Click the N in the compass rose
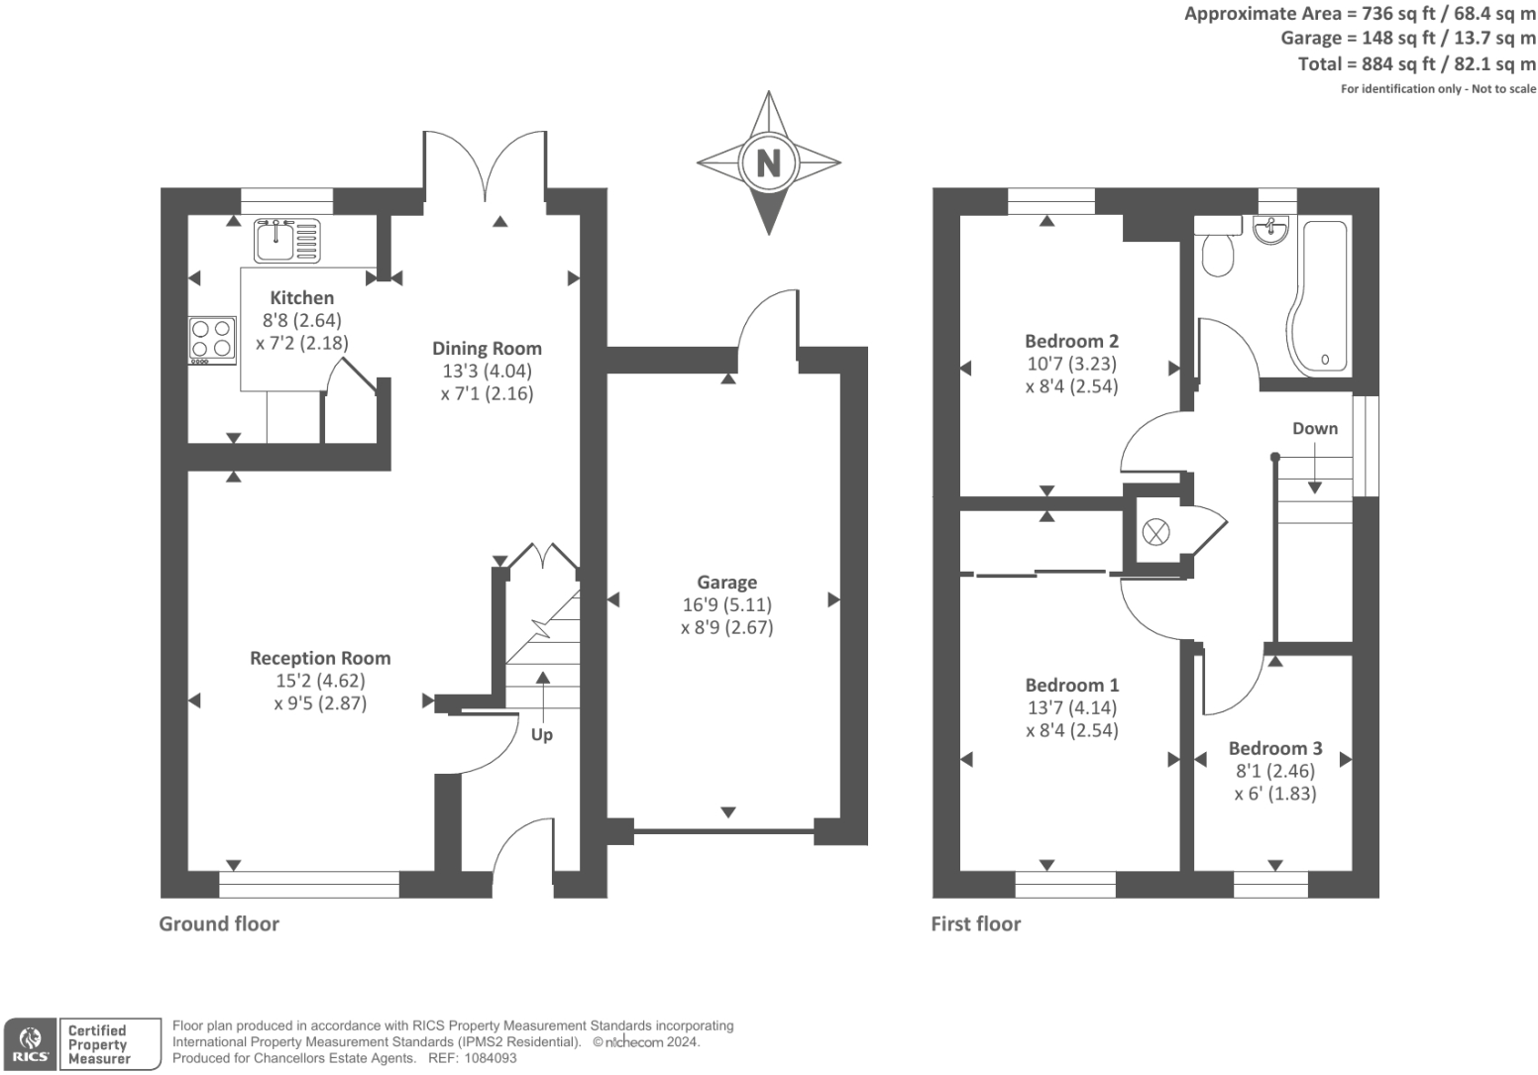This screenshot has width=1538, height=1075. click(768, 161)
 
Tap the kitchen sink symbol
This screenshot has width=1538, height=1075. click(286, 240)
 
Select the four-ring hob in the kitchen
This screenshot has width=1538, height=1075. click(212, 339)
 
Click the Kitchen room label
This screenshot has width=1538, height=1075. click(302, 297)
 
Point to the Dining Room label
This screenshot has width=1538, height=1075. click(487, 348)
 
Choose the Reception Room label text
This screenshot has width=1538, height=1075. click(320, 658)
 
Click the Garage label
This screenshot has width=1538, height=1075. click(726, 583)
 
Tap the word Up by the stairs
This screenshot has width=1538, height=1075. click(542, 734)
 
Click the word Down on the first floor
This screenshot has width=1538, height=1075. click(1315, 428)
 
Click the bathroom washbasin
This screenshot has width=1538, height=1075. click(1270, 230)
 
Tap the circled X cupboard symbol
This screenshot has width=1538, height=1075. click(1155, 532)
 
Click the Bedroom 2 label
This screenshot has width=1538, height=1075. click(1071, 341)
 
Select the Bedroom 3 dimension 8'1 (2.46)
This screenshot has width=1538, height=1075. click(1275, 771)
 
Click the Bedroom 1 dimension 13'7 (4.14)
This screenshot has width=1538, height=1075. click(1071, 707)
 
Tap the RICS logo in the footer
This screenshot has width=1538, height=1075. click(30, 1044)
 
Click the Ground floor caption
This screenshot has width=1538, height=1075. click(219, 923)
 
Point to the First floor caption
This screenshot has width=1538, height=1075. click(975, 923)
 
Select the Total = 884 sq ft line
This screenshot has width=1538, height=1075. click(1416, 63)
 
